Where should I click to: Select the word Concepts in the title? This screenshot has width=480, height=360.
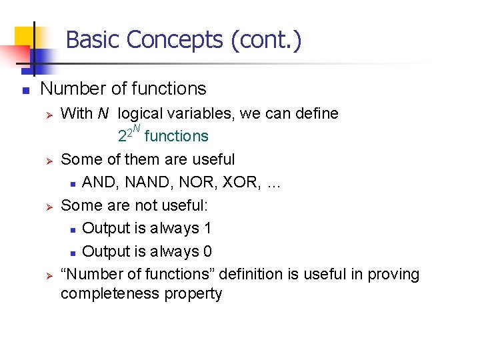[x=175, y=40]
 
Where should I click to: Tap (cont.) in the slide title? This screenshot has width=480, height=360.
[x=267, y=40]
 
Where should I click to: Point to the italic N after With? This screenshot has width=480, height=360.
[x=103, y=113]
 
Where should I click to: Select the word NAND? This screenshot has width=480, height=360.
[x=144, y=183]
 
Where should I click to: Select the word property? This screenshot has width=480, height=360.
[x=198, y=293]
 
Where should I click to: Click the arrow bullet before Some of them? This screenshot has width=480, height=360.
[x=47, y=160]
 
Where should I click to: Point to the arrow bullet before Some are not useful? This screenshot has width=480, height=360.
[x=47, y=206]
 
